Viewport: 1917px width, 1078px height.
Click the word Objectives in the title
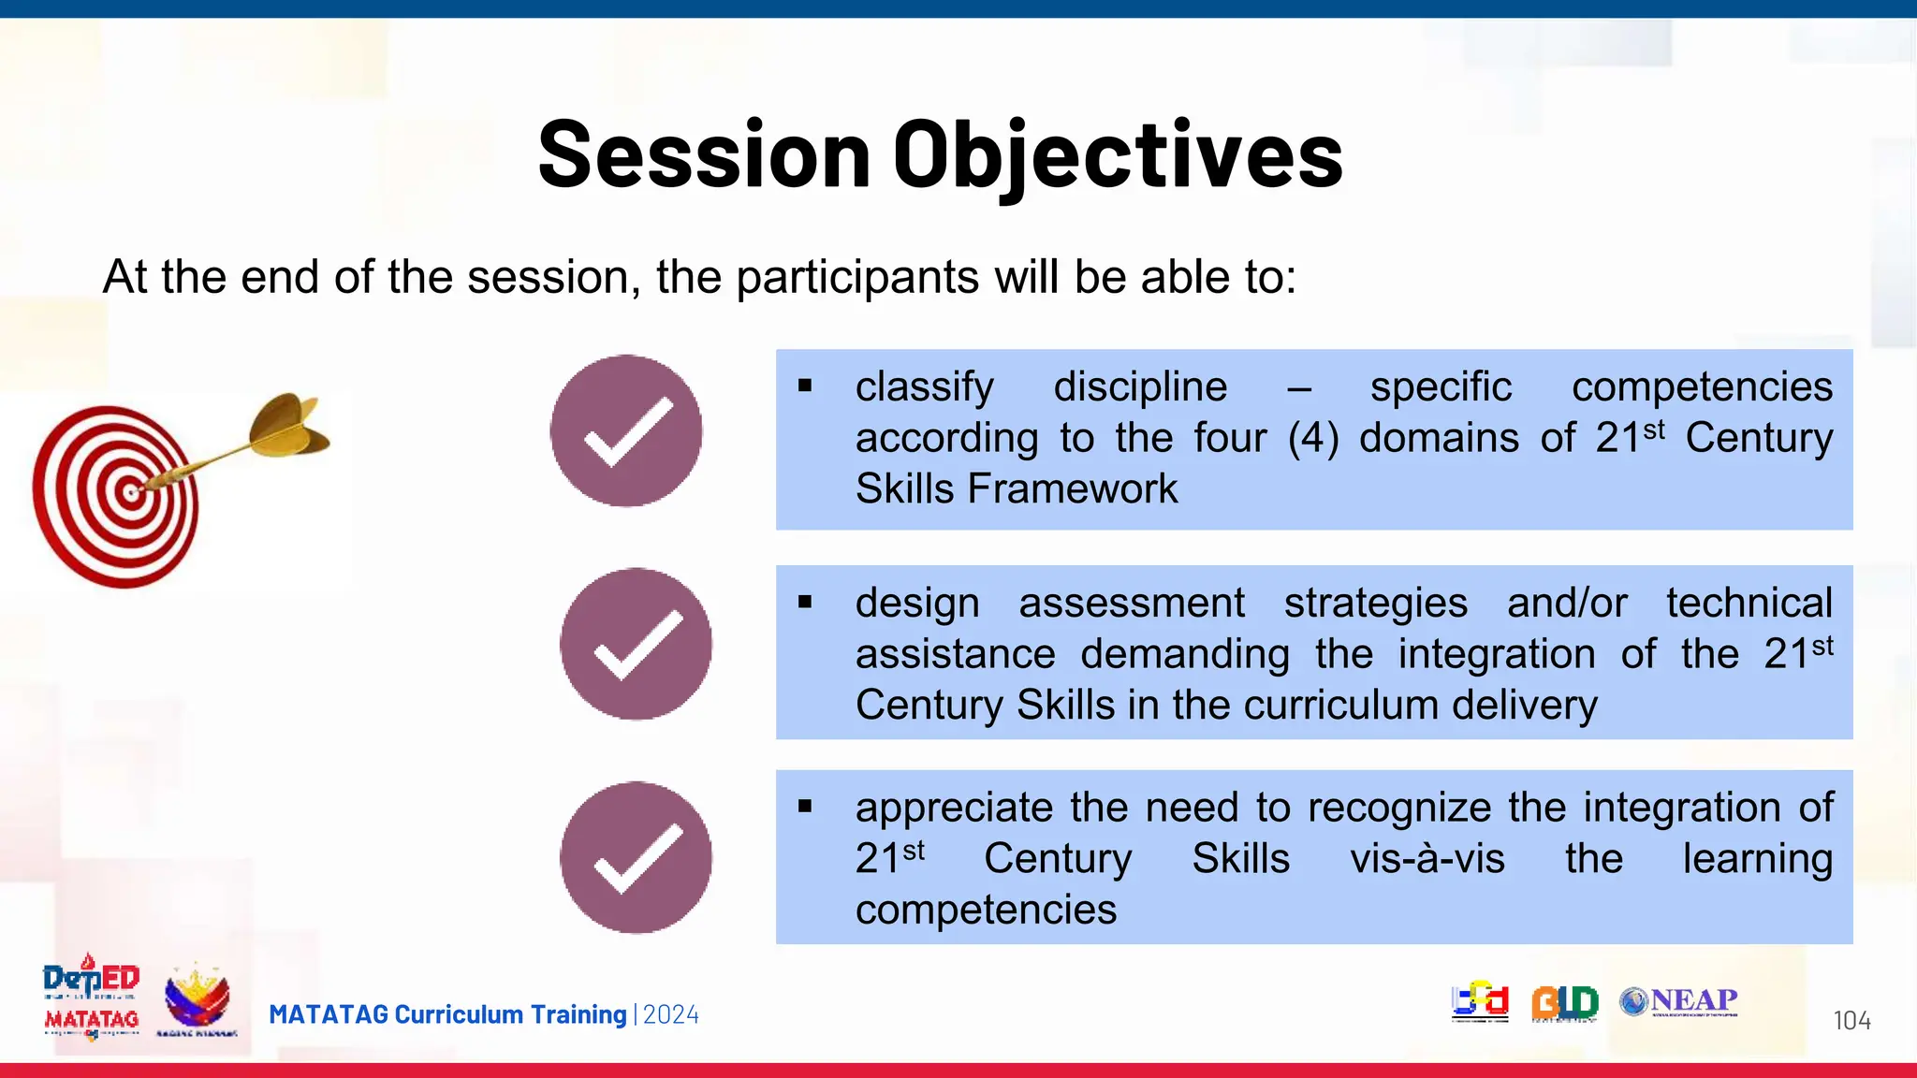click(x=1118, y=155)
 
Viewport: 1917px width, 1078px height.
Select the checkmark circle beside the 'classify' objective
click(x=626, y=431)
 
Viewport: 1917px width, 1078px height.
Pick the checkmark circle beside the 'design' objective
click(x=636, y=644)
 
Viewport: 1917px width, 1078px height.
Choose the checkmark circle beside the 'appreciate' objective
click(x=636, y=857)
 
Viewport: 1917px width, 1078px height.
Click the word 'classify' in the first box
click(x=924, y=387)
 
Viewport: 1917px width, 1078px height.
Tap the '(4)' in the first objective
click(x=1312, y=439)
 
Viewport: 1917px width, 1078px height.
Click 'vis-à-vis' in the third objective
click(x=1427, y=859)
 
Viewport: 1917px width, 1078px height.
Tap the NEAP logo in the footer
click(x=1679, y=1001)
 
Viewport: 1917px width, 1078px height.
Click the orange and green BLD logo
click(x=1564, y=1003)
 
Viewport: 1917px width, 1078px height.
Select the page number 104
click(x=1851, y=1020)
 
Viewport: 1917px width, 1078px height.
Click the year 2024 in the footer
click(x=670, y=1015)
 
